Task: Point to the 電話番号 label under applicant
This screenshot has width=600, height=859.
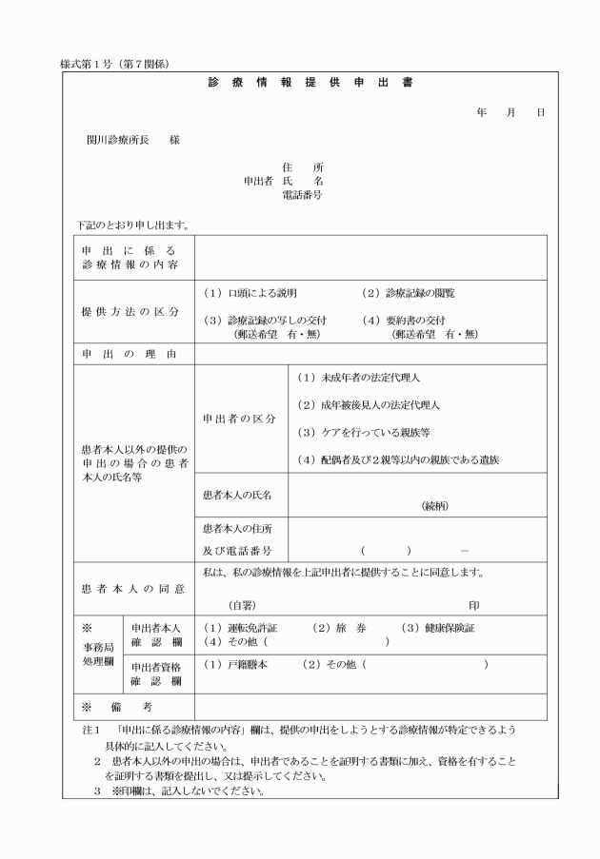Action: [x=302, y=195]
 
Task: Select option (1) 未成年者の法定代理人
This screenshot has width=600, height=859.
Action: [x=357, y=378]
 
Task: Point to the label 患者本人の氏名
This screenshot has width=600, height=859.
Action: [x=237, y=496]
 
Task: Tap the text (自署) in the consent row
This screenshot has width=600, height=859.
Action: [x=242, y=605]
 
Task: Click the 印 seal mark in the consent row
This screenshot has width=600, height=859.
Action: [x=473, y=605]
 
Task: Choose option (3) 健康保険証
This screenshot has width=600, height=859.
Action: [x=437, y=629]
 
